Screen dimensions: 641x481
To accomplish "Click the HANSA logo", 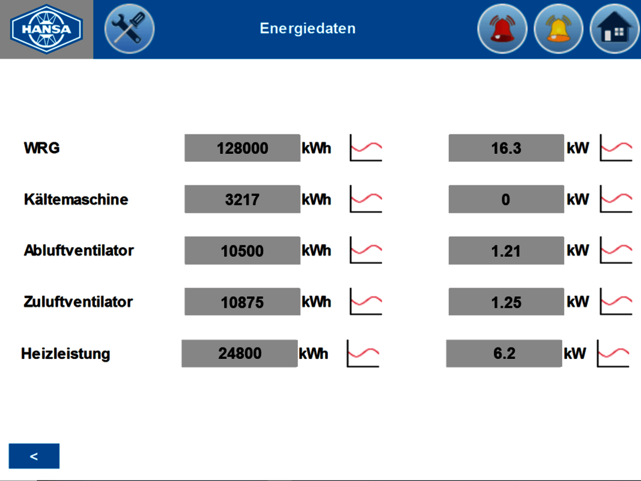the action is [46, 29].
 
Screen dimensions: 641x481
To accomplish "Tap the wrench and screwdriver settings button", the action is [129, 29].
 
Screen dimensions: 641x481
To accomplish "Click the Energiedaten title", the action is [308, 28].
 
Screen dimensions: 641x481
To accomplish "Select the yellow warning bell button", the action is [559, 29].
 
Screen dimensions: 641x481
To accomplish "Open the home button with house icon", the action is [615, 29].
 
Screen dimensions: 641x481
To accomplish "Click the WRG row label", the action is [41, 148].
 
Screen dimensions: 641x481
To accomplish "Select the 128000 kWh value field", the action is [243, 148].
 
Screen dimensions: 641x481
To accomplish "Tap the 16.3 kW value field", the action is [506, 148].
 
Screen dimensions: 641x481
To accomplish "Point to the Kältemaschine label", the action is [76, 199].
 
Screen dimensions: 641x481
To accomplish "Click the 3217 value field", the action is [243, 199].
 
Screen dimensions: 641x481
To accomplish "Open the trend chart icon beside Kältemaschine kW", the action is [616, 199].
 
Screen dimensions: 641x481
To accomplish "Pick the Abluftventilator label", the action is [79, 250].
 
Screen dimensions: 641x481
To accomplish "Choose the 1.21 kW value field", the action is [506, 250].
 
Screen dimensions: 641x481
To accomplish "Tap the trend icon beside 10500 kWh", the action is [366, 250].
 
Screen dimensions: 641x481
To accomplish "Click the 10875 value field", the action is [243, 302].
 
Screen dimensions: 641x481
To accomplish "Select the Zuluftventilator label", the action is [78, 301].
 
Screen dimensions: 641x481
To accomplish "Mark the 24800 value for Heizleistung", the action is [240, 354].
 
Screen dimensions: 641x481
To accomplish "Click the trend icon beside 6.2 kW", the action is [613, 354].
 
